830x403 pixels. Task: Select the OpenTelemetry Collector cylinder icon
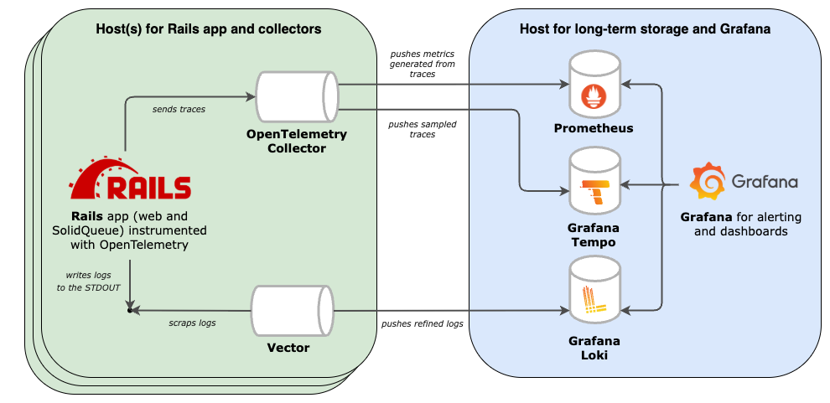pyautogui.click(x=296, y=97)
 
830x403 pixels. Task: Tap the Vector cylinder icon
pyautogui.click(x=293, y=311)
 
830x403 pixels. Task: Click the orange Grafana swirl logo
pyautogui.click(x=707, y=181)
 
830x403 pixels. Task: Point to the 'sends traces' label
pyautogui.click(x=178, y=109)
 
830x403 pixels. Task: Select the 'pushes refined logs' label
pyautogui.click(x=422, y=323)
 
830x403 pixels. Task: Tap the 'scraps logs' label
pyautogui.click(x=191, y=323)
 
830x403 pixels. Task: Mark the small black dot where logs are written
pyautogui.click(x=129, y=311)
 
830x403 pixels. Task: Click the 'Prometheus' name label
pyautogui.click(x=594, y=128)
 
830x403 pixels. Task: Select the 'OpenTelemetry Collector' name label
pyautogui.click(x=296, y=141)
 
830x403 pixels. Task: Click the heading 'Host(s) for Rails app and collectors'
pyautogui.click(x=209, y=28)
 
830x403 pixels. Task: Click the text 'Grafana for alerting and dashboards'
pyautogui.click(x=740, y=224)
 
